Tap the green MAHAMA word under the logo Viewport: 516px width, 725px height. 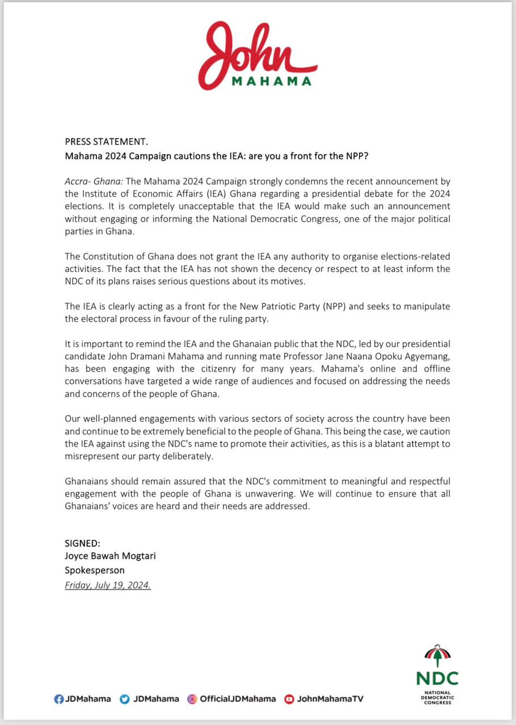[x=272, y=81]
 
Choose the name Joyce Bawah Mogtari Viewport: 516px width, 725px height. [x=110, y=556]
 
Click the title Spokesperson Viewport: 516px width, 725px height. [x=94, y=570]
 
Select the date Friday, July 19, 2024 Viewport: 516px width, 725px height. [x=108, y=585]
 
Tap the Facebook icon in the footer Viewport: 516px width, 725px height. [x=58, y=699]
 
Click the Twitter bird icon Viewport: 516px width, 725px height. [x=125, y=699]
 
